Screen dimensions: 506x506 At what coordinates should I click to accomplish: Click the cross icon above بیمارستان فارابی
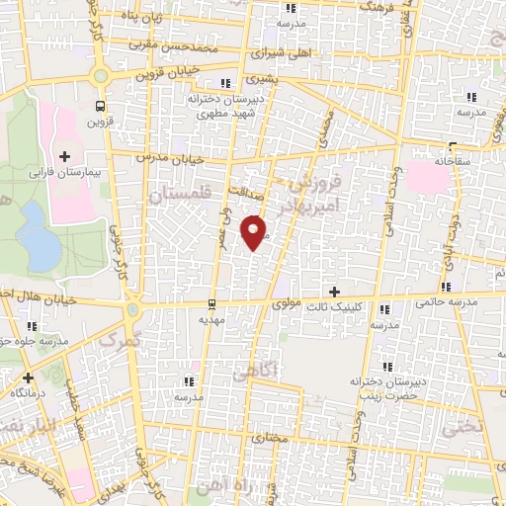pyautogui.click(x=65, y=155)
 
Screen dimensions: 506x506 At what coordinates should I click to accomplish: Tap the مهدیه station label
pyautogui.click(x=214, y=319)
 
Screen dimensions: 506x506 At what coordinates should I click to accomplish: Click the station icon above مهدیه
pyautogui.click(x=212, y=304)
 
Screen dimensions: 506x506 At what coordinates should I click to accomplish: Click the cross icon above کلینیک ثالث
pyautogui.click(x=334, y=292)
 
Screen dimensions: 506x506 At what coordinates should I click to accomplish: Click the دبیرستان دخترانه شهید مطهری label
pyautogui.click(x=230, y=107)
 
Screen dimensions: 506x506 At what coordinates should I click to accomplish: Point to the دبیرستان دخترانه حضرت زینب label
pyautogui.click(x=383, y=388)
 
